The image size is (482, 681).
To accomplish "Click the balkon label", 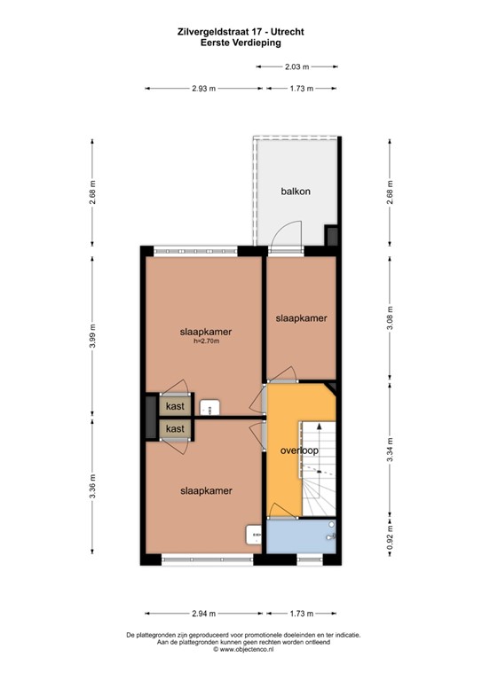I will pyautogui.click(x=296, y=192).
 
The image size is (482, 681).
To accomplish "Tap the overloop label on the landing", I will pyautogui.click(x=299, y=450).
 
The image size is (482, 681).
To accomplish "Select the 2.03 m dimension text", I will pyautogui.click(x=296, y=67).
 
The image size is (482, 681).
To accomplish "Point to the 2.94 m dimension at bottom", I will pyautogui.click(x=204, y=613).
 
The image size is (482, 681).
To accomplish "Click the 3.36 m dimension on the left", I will pyautogui.click(x=94, y=490).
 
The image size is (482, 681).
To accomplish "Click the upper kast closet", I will pyautogui.click(x=175, y=406).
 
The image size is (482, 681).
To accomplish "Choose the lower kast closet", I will pyautogui.click(x=175, y=429).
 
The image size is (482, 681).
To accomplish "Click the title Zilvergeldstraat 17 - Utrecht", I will pyautogui.click(x=241, y=30).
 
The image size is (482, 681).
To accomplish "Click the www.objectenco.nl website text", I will pyautogui.click(x=241, y=650).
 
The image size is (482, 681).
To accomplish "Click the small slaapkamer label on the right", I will pyautogui.click(x=301, y=318).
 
